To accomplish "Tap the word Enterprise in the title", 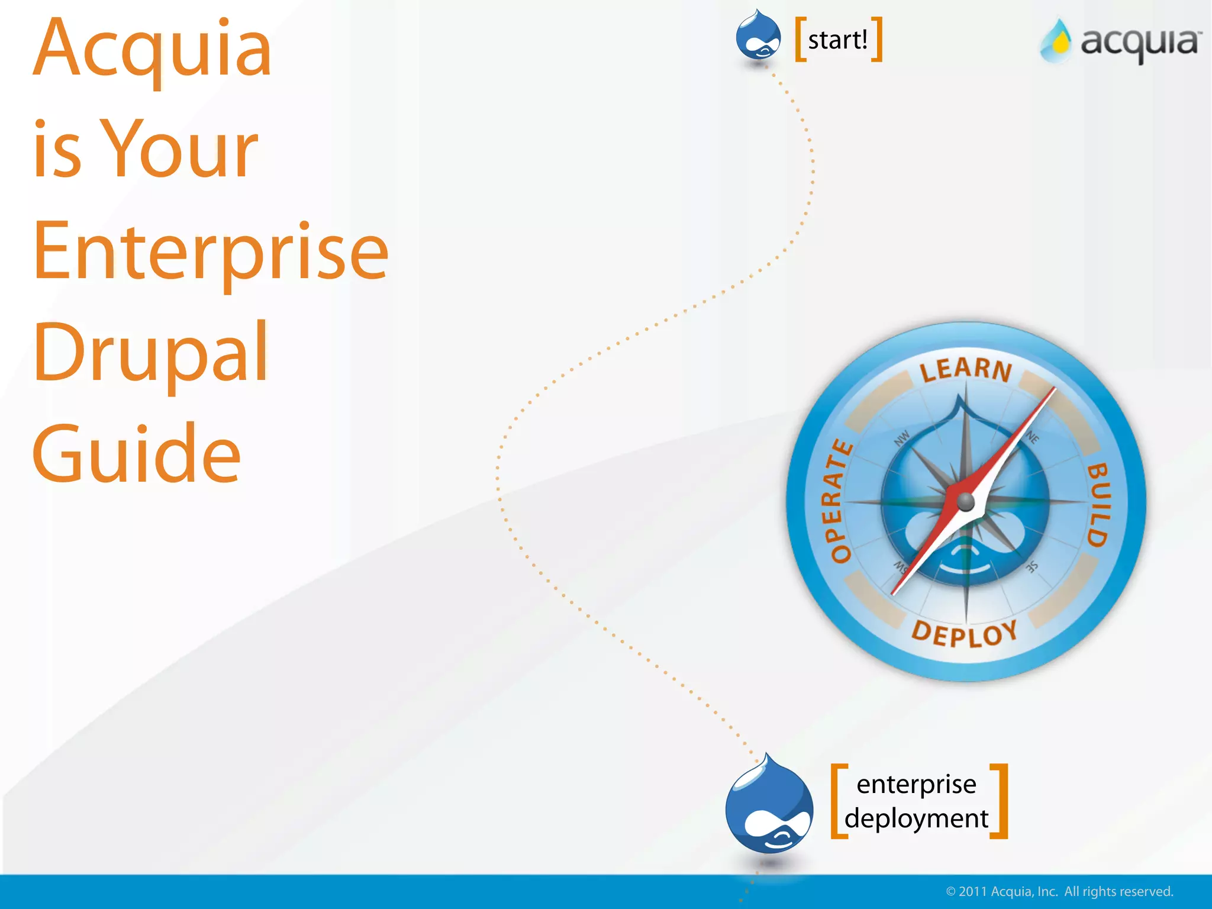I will click(211, 251).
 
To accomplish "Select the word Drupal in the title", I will click(151, 353).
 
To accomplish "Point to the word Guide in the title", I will click(137, 453).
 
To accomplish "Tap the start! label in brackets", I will click(837, 40).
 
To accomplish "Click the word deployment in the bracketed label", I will click(916, 819).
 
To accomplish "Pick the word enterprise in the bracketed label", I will click(916, 784).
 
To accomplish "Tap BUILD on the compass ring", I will click(1098, 504).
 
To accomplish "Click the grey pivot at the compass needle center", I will click(965, 502).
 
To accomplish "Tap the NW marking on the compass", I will click(901, 439).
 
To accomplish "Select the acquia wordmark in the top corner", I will click(1140, 43).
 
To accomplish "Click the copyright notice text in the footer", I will click(1059, 891).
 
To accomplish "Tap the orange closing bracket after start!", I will click(878, 39).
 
